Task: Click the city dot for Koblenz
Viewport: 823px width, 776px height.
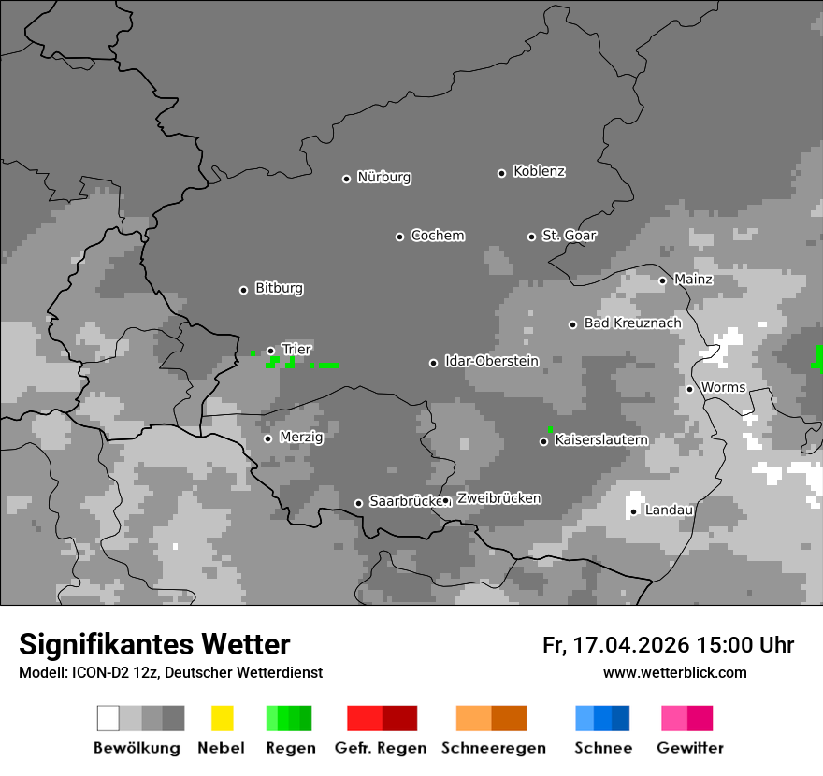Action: coord(501,173)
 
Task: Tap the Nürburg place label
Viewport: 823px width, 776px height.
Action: coord(383,178)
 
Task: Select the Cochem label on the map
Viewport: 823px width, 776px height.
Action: coord(437,236)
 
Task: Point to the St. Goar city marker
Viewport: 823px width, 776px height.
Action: coord(531,237)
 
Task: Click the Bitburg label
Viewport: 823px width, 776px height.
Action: coord(279,289)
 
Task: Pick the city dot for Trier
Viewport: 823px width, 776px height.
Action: coord(270,351)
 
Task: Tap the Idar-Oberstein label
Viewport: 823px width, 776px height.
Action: coord(491,362)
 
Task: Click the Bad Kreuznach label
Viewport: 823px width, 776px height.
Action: coord(632,323)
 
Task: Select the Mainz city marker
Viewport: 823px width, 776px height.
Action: coord(662,280)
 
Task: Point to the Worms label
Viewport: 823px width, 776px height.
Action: coord(723,388)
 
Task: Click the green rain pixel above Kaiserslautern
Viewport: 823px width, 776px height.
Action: coord(550,429)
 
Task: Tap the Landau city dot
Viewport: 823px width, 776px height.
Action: coord(633,511)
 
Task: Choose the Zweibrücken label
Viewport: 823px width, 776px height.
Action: coord(498,499)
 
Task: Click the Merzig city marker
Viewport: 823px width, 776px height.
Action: coord(267,438)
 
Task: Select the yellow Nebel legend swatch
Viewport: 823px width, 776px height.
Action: coord(222,718)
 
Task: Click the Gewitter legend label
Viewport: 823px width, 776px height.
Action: coord(689,748)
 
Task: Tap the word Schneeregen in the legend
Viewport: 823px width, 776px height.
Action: coord(494,748)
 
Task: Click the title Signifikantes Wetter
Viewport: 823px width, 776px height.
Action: coord(154,645)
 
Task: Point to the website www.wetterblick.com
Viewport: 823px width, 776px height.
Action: coord(674,673)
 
